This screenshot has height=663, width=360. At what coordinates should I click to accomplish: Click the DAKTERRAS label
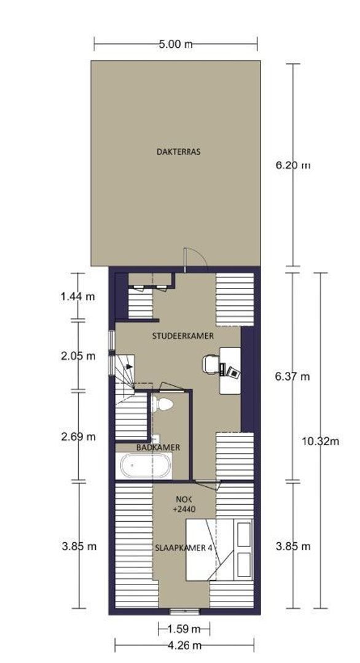pyautogui.click(x=178, y=152)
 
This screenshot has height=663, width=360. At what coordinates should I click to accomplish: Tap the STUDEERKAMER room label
pyautogui.click(x=182, y=336)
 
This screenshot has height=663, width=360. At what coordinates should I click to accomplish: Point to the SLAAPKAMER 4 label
pyautogui.click(x=184, y=548)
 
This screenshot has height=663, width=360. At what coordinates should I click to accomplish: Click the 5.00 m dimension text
pyautogui.click(x=176, y=44)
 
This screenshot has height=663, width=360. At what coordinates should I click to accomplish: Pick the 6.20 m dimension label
pyautogui.click(x=293, y=165)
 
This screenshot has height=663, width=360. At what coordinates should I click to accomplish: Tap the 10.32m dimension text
pyautogui.click(x=321, y=441)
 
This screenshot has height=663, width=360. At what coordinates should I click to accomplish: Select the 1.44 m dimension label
pyautogui.click(x=78, y=297)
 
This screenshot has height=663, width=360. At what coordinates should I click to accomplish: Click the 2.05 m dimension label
pyautogui.click(x=78, y=356)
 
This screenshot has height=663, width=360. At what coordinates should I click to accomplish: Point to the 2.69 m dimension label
pyautogui.click(x=78, y=436)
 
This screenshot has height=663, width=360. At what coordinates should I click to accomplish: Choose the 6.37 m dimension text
pyautogui.click(x=292, y=376)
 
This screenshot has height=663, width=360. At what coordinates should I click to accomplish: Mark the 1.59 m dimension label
pyautogui.click(x=184, y=629)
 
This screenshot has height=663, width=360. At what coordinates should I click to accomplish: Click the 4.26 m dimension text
pyautogui.click(x=184, y=645)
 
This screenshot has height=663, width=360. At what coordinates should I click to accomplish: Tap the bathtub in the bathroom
pyautogui.click(x=146, y=465)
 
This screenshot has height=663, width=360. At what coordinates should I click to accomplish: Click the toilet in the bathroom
pyautogui.click(x=162, y=404)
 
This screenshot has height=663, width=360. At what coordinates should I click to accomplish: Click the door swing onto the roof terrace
pyautogui.click(x=195, y=258)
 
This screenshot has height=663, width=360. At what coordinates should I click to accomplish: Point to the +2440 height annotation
pyautogui.click(x=184, y=510)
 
